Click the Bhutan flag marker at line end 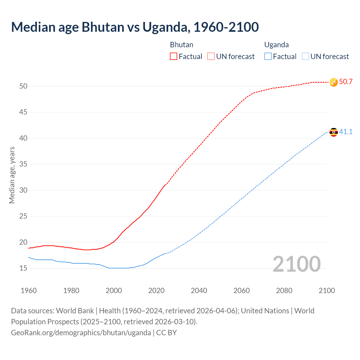[x=334, y=82]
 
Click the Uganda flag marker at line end [x=334, y=132]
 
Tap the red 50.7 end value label [x=346, y=82]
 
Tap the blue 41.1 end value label [x=346, y=132]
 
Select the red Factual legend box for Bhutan [x=174, y=56]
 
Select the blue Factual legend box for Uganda [x=268, y=56]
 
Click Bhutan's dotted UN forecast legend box [x=211, y=56]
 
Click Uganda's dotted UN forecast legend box [x=305, y=56]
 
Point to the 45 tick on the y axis [x=23, y=112]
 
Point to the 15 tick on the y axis [x=23, y=268]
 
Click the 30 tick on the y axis [x=23, y=190]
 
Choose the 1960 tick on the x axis [x=29, y=291]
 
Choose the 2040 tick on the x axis [x=199, y=291]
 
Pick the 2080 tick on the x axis [x=284, y=291]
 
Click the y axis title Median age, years [x=12, y=175]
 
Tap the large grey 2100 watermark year [x=296, y=264]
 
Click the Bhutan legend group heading [x=181, y=45]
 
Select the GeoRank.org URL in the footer [x=81, y=333]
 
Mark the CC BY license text [x=166, y=333]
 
